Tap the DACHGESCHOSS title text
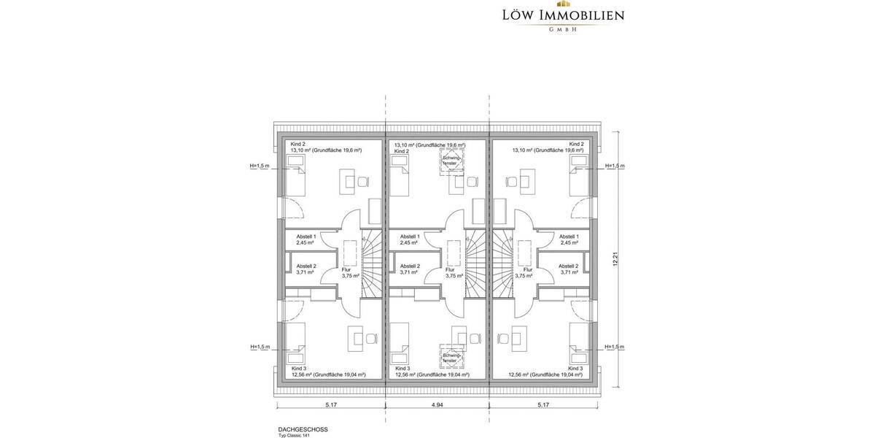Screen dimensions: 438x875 point(303,430)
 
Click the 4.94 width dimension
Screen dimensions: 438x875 point(437,404)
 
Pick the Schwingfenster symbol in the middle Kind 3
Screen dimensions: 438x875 point(450,358)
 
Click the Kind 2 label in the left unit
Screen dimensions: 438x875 point(297,145)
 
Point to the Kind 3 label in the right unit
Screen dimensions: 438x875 point(576,369)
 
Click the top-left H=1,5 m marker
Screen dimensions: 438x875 point(260,166)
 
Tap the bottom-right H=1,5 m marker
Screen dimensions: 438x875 point(615,347)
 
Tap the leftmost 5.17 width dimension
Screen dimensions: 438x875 point(332,404)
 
